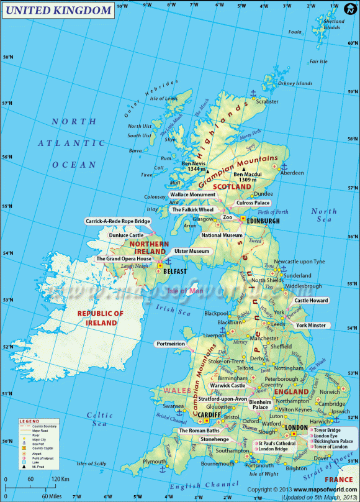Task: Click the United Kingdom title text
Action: (x=58, y=11)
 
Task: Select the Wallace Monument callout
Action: (x=192, y=194)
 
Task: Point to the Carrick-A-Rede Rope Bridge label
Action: (x=118, y=221)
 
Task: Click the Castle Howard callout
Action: (x=312, y=301)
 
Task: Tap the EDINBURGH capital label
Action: (x=263, y=221)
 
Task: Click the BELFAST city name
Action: (x=175, y=272)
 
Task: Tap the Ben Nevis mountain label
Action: (x=193, y=165)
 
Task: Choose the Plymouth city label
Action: (x=155, y=462)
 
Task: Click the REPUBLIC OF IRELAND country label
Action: (x=101, y=319)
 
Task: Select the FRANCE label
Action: (x=338, y=480)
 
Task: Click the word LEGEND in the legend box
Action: (x=29, y=421)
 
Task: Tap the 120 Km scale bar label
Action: (x=61, y=479)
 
